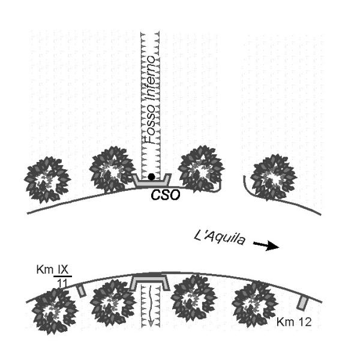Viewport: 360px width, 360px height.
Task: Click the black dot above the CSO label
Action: (x=152, y=176)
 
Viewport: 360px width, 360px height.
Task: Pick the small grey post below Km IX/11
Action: (x=82, y=291)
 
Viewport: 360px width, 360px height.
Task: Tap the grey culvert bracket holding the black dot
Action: (x=152, y=180)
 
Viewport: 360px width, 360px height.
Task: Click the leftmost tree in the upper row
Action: (x=47, y=179)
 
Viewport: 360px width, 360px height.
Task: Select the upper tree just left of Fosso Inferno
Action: (x=112, y=172)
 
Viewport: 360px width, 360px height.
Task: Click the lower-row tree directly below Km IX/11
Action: (x=55, y=311)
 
